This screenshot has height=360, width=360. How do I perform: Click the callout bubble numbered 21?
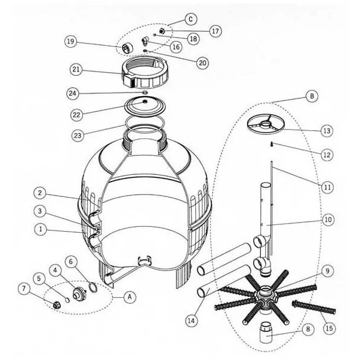76,69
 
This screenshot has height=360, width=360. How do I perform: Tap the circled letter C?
190,19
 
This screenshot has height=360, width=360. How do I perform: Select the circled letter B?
312,96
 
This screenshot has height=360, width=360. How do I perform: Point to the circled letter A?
130,297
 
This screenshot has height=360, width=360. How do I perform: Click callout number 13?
327,131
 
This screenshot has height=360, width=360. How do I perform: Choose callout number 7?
24,289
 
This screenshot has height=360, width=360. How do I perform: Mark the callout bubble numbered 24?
73,93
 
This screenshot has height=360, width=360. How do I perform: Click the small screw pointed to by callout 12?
272,144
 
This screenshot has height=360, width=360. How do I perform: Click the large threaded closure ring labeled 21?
145,73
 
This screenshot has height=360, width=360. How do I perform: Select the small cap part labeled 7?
56,306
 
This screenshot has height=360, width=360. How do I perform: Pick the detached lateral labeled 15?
313,307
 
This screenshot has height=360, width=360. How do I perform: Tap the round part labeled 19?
128,48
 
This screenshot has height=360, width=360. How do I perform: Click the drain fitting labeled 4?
79,294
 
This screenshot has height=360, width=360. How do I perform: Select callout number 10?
328,220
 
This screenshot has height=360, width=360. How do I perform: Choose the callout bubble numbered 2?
40,193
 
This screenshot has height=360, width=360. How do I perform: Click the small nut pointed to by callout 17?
162,30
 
